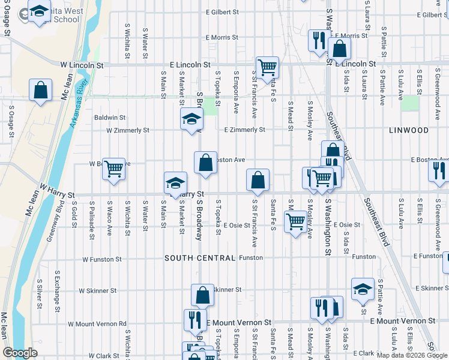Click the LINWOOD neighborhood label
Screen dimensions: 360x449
(x=408, y=130)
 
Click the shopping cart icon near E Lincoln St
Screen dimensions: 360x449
(x=267, y=67)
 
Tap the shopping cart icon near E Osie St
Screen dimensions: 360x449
(x=295, y=222)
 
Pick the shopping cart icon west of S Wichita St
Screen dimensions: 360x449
(x=113, y=169)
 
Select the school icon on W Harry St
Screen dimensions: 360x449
(x=175, y=182)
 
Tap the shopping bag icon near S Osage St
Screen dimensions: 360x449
(x=40, y=91)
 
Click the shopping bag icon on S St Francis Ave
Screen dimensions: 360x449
(x=258, y=179)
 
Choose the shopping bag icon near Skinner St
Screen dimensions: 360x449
(x=202, y=295)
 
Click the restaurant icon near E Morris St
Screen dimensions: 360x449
(x=318, y=40)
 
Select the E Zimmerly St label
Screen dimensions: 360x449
(x=244, y=130)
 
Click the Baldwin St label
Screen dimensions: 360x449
(x=109, y=118)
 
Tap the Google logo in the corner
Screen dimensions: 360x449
(x=20, y=353)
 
